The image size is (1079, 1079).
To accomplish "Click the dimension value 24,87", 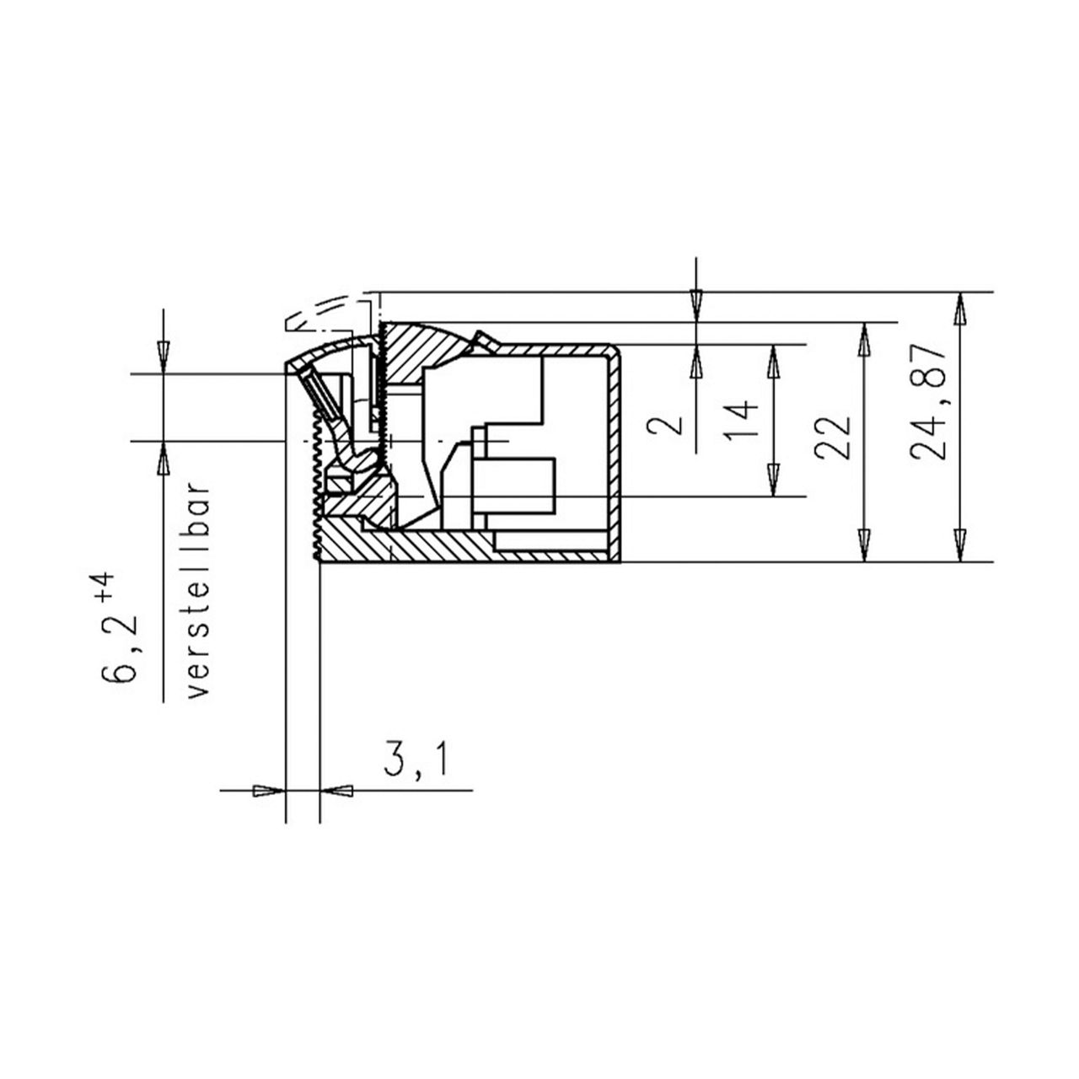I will point(929,401).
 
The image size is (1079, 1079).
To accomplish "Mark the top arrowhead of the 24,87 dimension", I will point(958,309).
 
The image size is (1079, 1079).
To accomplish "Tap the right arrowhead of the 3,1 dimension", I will point(337,790).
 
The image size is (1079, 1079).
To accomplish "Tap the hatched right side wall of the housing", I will point(615,455).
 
